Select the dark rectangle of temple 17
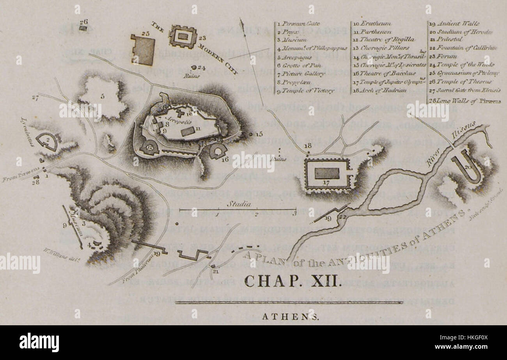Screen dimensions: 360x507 327,173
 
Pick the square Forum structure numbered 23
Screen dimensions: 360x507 182,37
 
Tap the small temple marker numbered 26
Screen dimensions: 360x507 83,28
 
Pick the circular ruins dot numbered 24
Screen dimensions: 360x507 194,67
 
